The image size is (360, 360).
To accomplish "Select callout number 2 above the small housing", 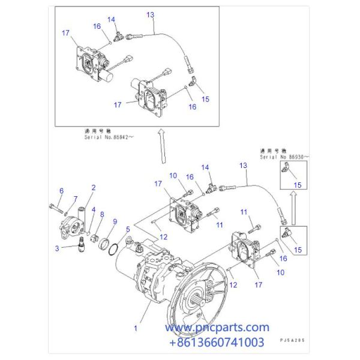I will click(93, 188).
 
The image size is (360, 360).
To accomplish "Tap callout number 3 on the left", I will click(58, 248).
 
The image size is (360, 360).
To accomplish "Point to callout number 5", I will click(127, 229).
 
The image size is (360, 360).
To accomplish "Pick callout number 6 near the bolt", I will click(61, 191).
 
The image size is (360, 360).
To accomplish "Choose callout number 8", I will click(101, 214).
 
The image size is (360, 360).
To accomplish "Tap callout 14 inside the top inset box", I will click(111, 19).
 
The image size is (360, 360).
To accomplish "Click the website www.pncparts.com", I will click(217, 328).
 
